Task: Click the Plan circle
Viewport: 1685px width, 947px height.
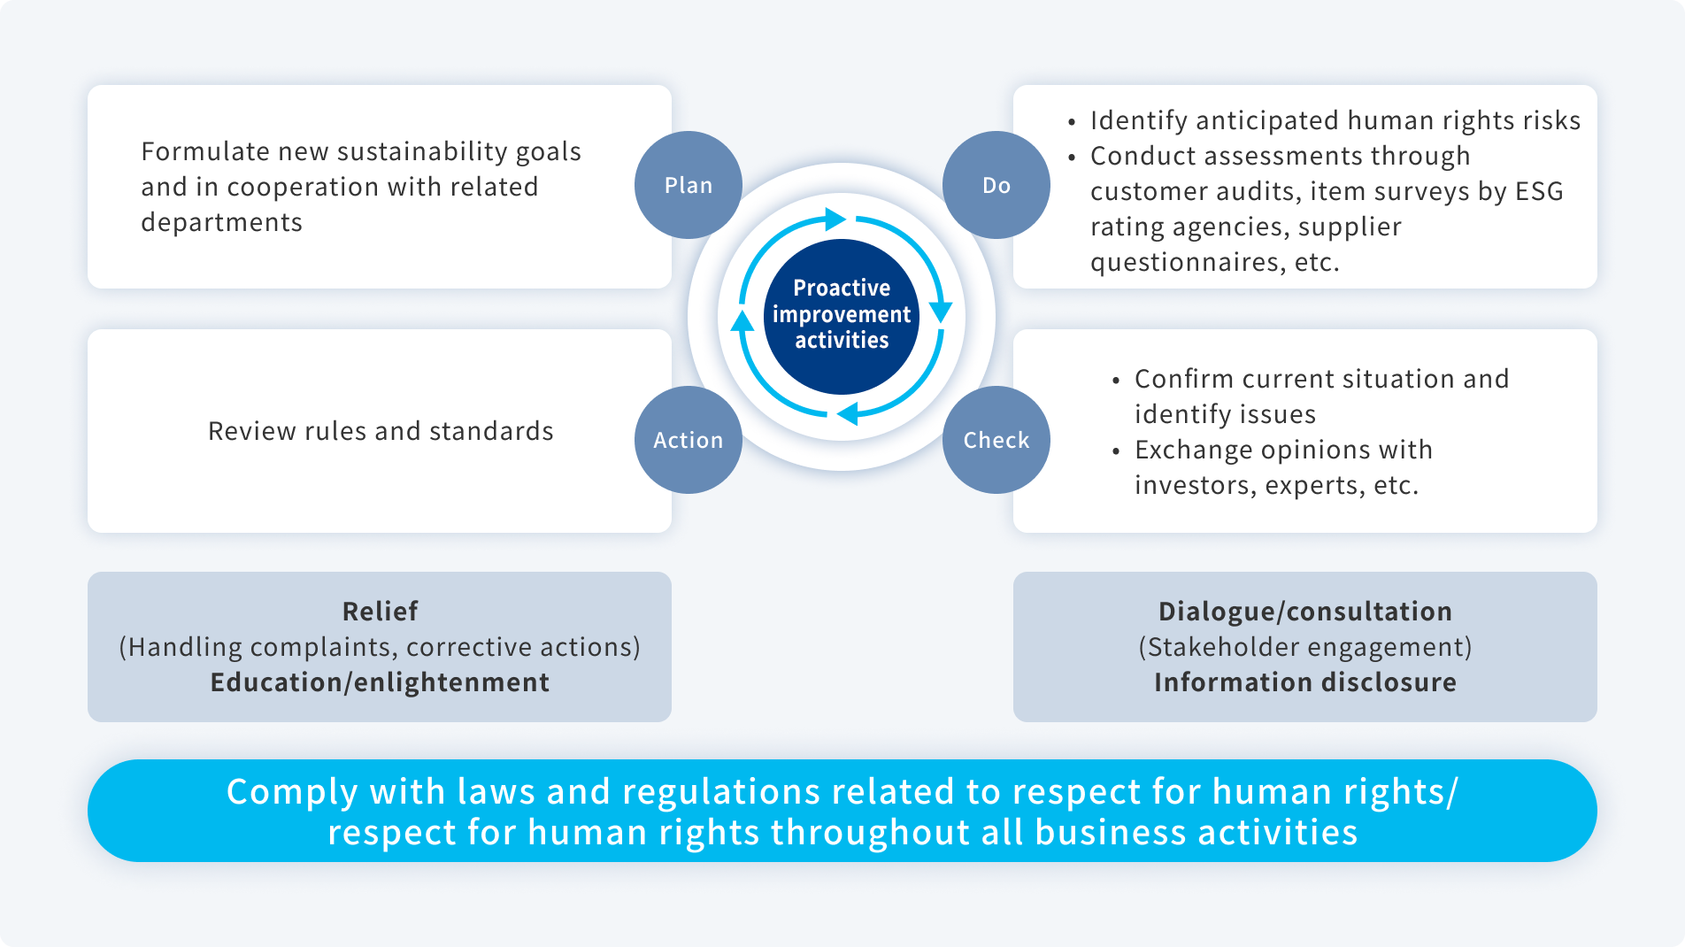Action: click(x=688, y=185)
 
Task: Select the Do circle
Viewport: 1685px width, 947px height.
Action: click(x=996, y=185)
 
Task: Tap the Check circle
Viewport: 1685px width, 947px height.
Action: click(x=996, y=440)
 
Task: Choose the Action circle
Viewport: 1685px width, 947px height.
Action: click(x=688, y=440)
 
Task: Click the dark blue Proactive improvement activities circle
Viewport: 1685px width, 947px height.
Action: click(x=842, y=315)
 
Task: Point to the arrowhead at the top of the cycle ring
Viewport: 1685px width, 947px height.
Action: click(x=834, y=219)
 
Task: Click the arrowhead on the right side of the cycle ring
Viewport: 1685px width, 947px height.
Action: click(x=941, y=311)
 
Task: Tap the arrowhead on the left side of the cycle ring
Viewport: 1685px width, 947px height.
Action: click(x=742, y=320)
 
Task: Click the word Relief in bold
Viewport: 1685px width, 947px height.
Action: click(x=380, y=612)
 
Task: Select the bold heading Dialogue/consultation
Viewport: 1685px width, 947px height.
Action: click(x=1304, y=612)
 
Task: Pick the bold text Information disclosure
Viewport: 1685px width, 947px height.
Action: click(x=1304, y=682)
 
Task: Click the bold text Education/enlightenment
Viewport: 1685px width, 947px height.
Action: click(x=380, y=682)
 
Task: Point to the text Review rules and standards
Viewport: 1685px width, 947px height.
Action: click(x=381, y=431)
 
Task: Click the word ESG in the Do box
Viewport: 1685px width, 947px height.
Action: click(x=1539, y=191)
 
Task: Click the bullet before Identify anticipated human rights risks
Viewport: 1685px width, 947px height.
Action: click(x=1072, y=122)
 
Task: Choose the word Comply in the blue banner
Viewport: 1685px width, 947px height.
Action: click(x=291, y=792)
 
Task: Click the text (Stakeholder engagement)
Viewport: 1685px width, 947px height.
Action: click(x=1304, y=647)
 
